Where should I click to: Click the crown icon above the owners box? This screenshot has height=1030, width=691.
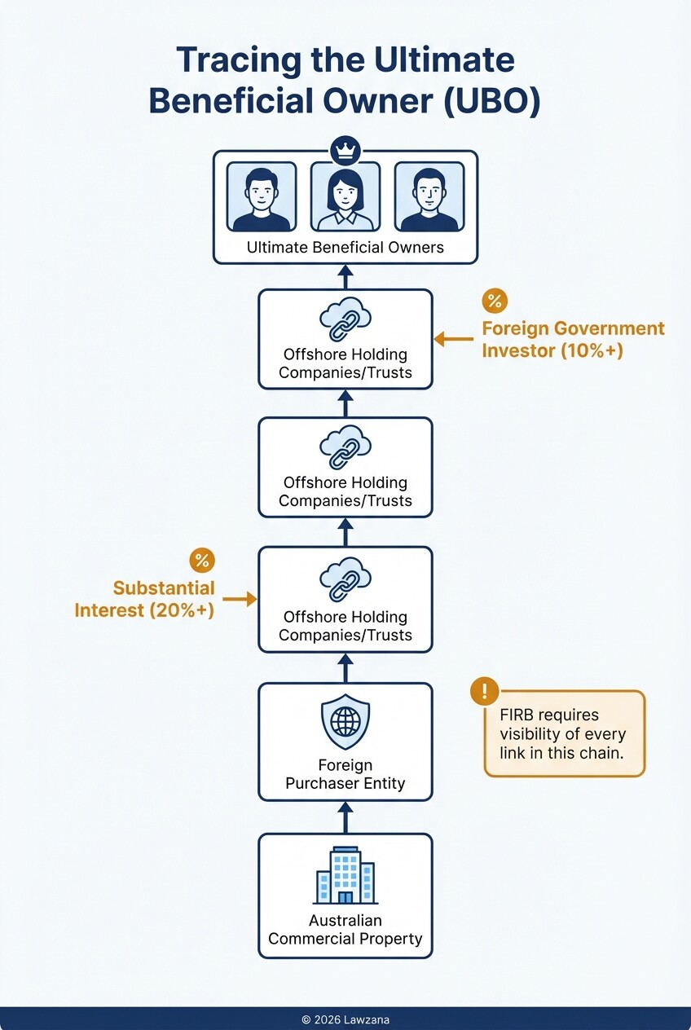[x=345, y=151]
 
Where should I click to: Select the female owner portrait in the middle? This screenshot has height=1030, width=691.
[x=345, y=197]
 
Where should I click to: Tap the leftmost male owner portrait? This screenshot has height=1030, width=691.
[x=261, y=197]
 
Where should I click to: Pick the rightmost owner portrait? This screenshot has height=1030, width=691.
[x=429, y=197]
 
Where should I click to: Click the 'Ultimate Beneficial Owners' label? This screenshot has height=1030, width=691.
[x=345, y=248]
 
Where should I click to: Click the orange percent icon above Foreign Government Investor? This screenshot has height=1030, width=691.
[x=494, y=301]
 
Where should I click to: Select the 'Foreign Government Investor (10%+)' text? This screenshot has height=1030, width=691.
[x=573, y=340]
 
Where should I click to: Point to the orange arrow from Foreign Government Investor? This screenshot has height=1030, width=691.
[x=453, y=339]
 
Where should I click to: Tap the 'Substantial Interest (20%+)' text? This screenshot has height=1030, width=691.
[x=145, y=599]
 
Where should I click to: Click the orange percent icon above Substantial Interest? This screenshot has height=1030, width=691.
[x=201, y=561]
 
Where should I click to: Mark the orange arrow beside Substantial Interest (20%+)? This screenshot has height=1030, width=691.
[x=239, y=599]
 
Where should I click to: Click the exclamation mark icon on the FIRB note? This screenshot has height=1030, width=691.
[x=485, y=693]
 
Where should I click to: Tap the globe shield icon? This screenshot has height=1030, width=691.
[x=345, y=722]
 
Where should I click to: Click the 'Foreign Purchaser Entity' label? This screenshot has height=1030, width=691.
[x=345, y=775]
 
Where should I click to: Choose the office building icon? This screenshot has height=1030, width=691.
[x=345, y=875]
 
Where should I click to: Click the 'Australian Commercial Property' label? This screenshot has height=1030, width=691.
[x=345, y=930]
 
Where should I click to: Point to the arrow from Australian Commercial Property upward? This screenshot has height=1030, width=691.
[x=345, y=817]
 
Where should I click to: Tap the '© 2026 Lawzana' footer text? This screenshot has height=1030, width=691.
[x=345, y=1019]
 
